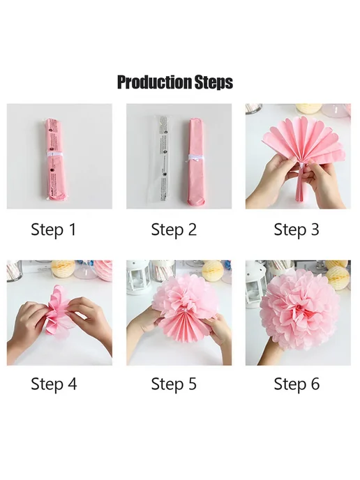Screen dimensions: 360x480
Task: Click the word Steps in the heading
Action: [213, 82]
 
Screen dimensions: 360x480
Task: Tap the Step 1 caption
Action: [54, 230]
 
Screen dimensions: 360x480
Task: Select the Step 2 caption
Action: [174, 230]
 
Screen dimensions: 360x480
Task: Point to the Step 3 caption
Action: [297, 230]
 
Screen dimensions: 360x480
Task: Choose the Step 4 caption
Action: [54, 384]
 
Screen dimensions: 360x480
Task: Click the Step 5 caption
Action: [174, 384]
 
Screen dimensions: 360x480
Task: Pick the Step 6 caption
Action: [297, 384]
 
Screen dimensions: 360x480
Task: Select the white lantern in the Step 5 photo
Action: [139, 277]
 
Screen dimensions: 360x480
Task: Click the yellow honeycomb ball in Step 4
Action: [63, 269]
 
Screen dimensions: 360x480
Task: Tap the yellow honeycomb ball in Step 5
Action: [213, 270]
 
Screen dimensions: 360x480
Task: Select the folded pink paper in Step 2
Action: [196, 161]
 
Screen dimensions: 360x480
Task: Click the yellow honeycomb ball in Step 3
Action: [308, 108]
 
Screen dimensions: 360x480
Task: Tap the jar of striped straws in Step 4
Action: [15, 270]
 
